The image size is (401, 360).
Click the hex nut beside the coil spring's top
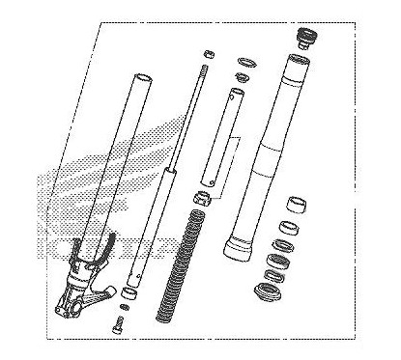click(204, 199)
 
